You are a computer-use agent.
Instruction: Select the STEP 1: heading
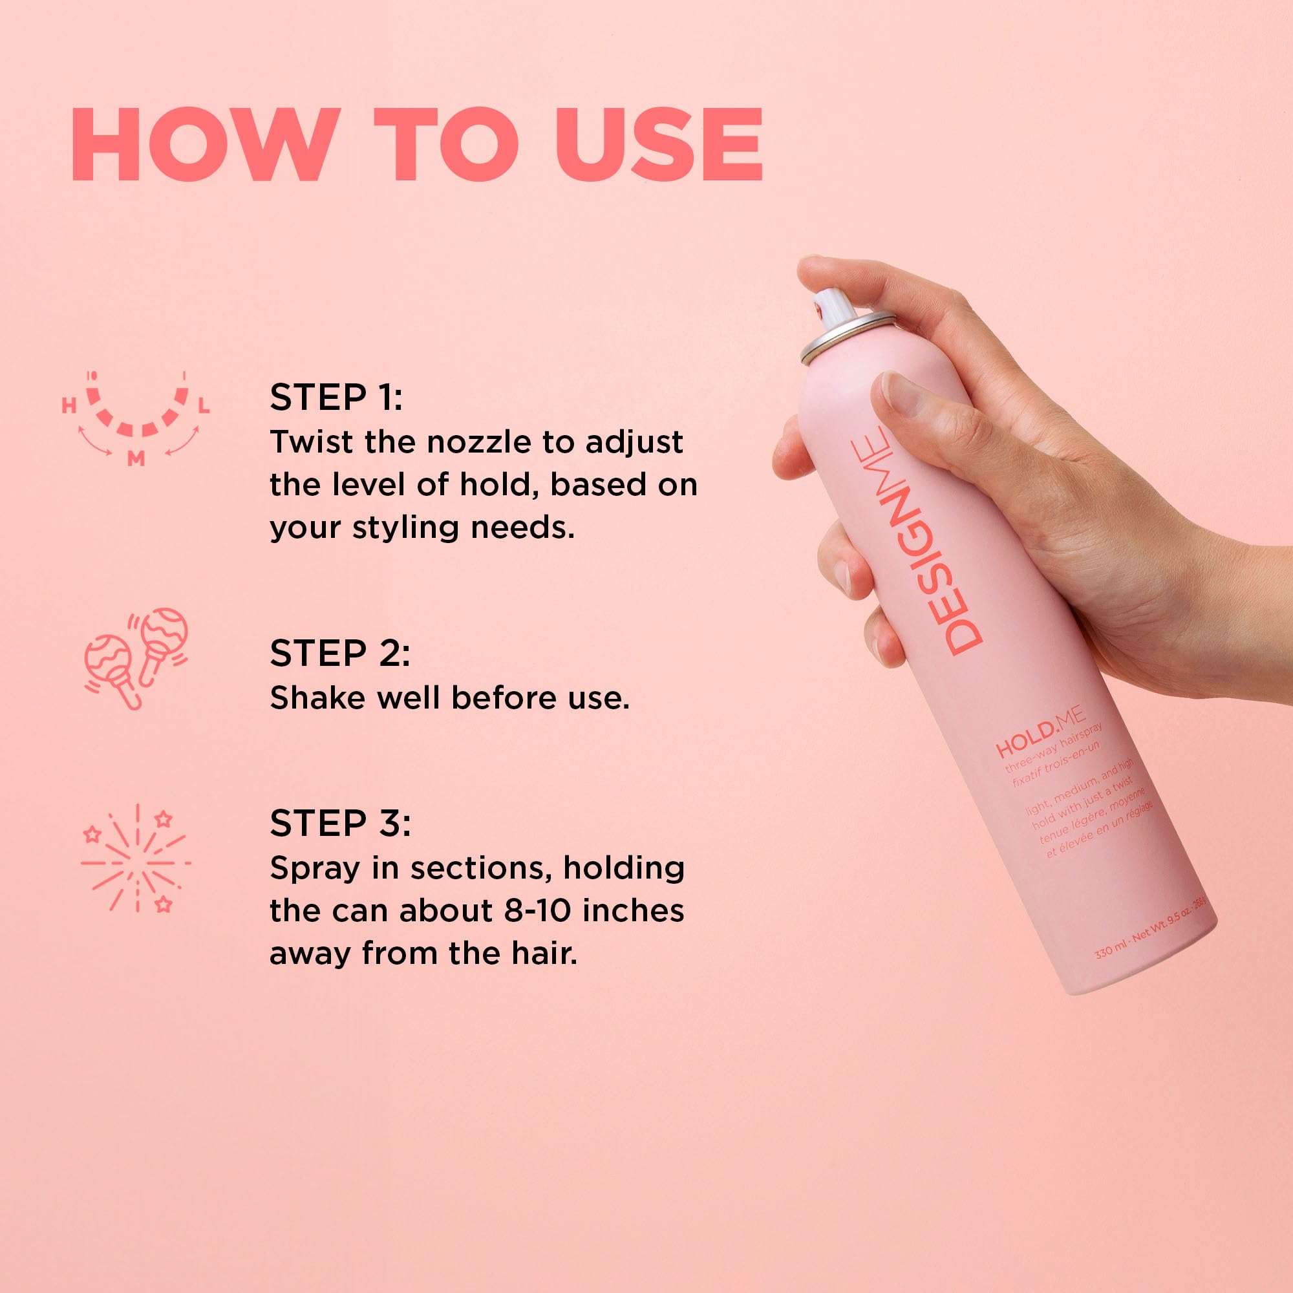coord(336,398)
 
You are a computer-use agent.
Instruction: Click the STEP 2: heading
coord(339,653)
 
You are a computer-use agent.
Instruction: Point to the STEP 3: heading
coord(340,823)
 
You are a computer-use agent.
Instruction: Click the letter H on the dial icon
coord(69,405)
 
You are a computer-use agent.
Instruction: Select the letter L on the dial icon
coord(204,405)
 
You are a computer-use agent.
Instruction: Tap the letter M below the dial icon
coord(136,458)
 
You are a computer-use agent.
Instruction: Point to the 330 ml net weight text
coord(1155,927)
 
